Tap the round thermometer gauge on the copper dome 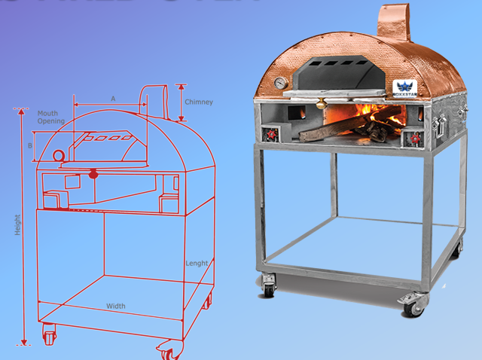[x=281, y=83]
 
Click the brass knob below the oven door [x=323, y=102]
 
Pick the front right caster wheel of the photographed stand [x=413, y=305]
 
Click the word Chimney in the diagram [x=199, y=102]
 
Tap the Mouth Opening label [x=51, y=117]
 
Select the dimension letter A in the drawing [x=113, y=99]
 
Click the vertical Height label [x=17, y=225]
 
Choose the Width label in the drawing [x=116, y=306]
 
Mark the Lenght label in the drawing [x=197, y=263]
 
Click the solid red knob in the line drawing [x=93, y=175]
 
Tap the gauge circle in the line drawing [x=59, y=154]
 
